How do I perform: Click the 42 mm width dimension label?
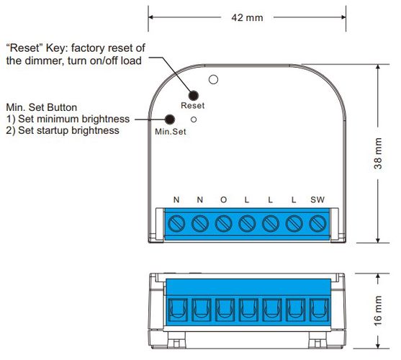point(244,17)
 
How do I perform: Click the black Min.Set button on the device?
point(171,120)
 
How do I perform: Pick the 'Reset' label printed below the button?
point(192,106)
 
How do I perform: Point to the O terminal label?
point(223,199)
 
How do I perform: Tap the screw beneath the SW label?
point(316,222)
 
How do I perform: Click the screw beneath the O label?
point(223,222)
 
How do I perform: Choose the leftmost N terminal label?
point(176,199)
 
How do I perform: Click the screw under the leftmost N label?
point(176,222)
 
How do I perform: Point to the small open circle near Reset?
point(194,116)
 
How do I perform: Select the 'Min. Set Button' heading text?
point(42,107)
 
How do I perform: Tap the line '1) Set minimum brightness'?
point(68,119)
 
